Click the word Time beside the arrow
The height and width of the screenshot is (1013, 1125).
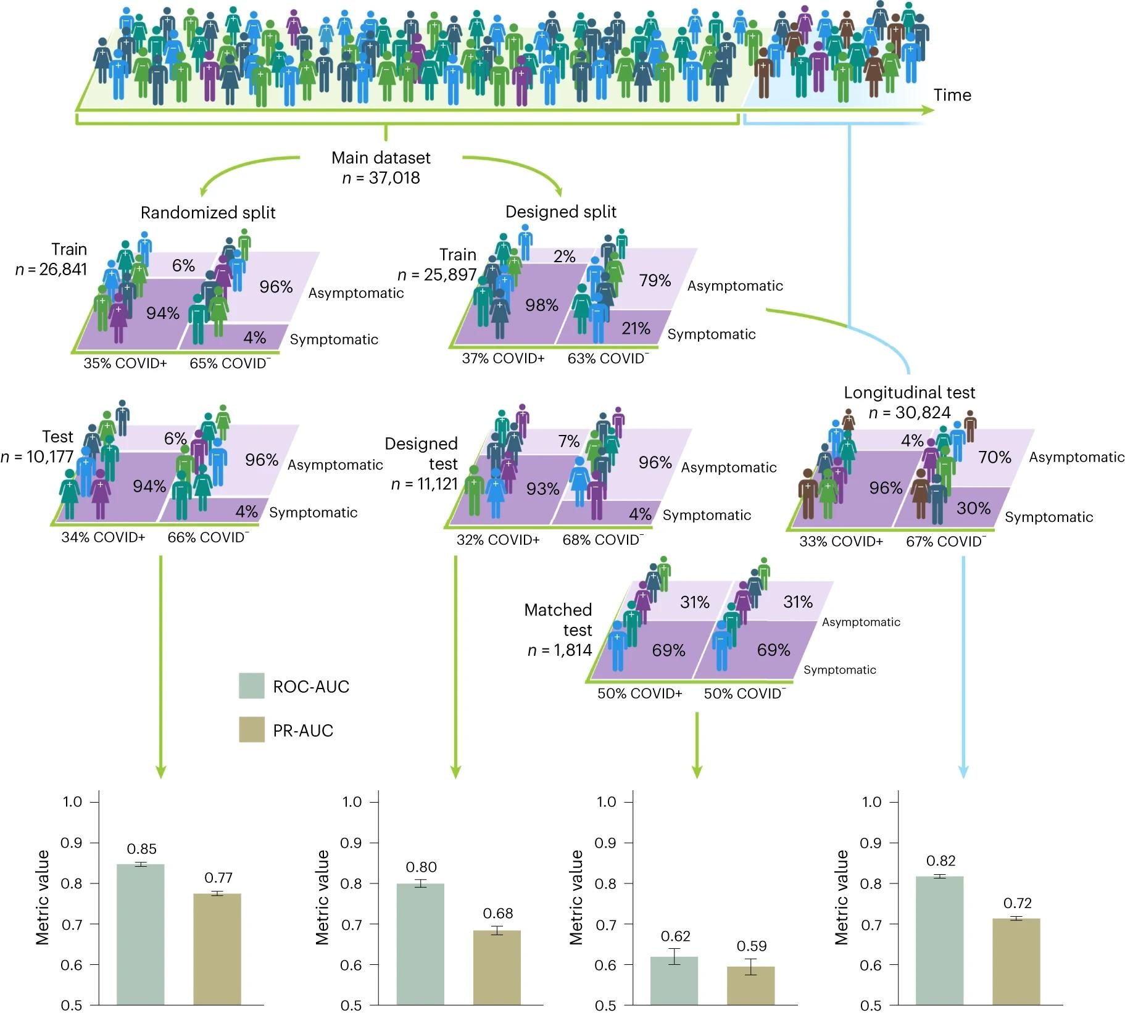point(952,95)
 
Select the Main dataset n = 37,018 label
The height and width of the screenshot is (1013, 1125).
point(381,168)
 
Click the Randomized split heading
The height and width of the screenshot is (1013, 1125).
point(208,213)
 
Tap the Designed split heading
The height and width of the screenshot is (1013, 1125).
point(560,212)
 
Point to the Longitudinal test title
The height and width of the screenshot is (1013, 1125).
point(909,392)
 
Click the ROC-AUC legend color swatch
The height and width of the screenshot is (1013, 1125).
point(251,685)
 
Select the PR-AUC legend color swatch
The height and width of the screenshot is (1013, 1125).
point(251,729)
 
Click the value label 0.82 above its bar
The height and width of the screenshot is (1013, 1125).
point(940,861)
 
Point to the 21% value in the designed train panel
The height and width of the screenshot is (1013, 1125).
point(636,328)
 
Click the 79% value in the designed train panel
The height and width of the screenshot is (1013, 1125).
point(655,280)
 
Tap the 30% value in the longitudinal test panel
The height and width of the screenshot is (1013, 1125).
point(973,508)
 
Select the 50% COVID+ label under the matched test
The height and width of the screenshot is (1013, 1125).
point(639,693)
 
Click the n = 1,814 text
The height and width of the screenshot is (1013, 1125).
point(559,650)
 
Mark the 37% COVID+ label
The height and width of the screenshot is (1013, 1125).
point(503,358)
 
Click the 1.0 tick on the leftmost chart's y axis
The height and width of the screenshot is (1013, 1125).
point(72,801)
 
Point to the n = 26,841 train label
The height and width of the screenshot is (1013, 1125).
point(51,270)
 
